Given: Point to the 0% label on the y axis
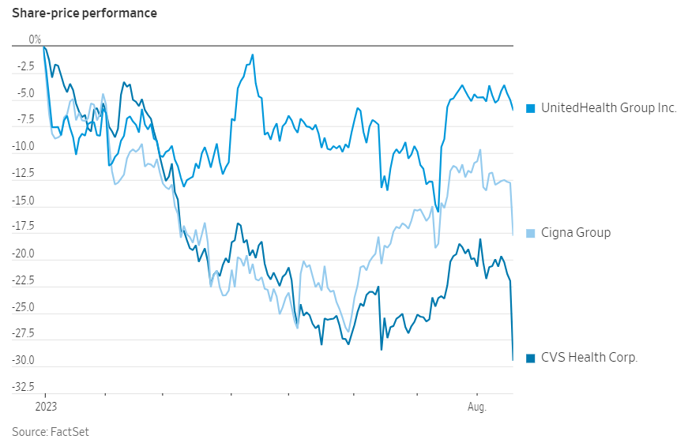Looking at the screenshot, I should point(35,39).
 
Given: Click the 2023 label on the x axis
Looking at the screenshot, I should point(45,407).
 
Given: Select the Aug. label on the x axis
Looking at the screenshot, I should point(476,407).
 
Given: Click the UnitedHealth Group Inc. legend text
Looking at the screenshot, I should point(608,107).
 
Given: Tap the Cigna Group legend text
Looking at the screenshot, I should point(575,233).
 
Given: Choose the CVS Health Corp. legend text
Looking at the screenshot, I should point(588,358).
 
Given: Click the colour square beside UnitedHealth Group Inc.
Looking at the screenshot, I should point(531,108).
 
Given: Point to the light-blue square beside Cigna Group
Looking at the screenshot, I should point(531,233).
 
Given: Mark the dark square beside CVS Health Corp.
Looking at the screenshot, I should point(531,358).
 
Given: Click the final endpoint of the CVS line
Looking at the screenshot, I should point(513,360).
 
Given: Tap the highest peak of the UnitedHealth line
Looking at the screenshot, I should point(253,54).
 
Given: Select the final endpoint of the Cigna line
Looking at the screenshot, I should point(513,235).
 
